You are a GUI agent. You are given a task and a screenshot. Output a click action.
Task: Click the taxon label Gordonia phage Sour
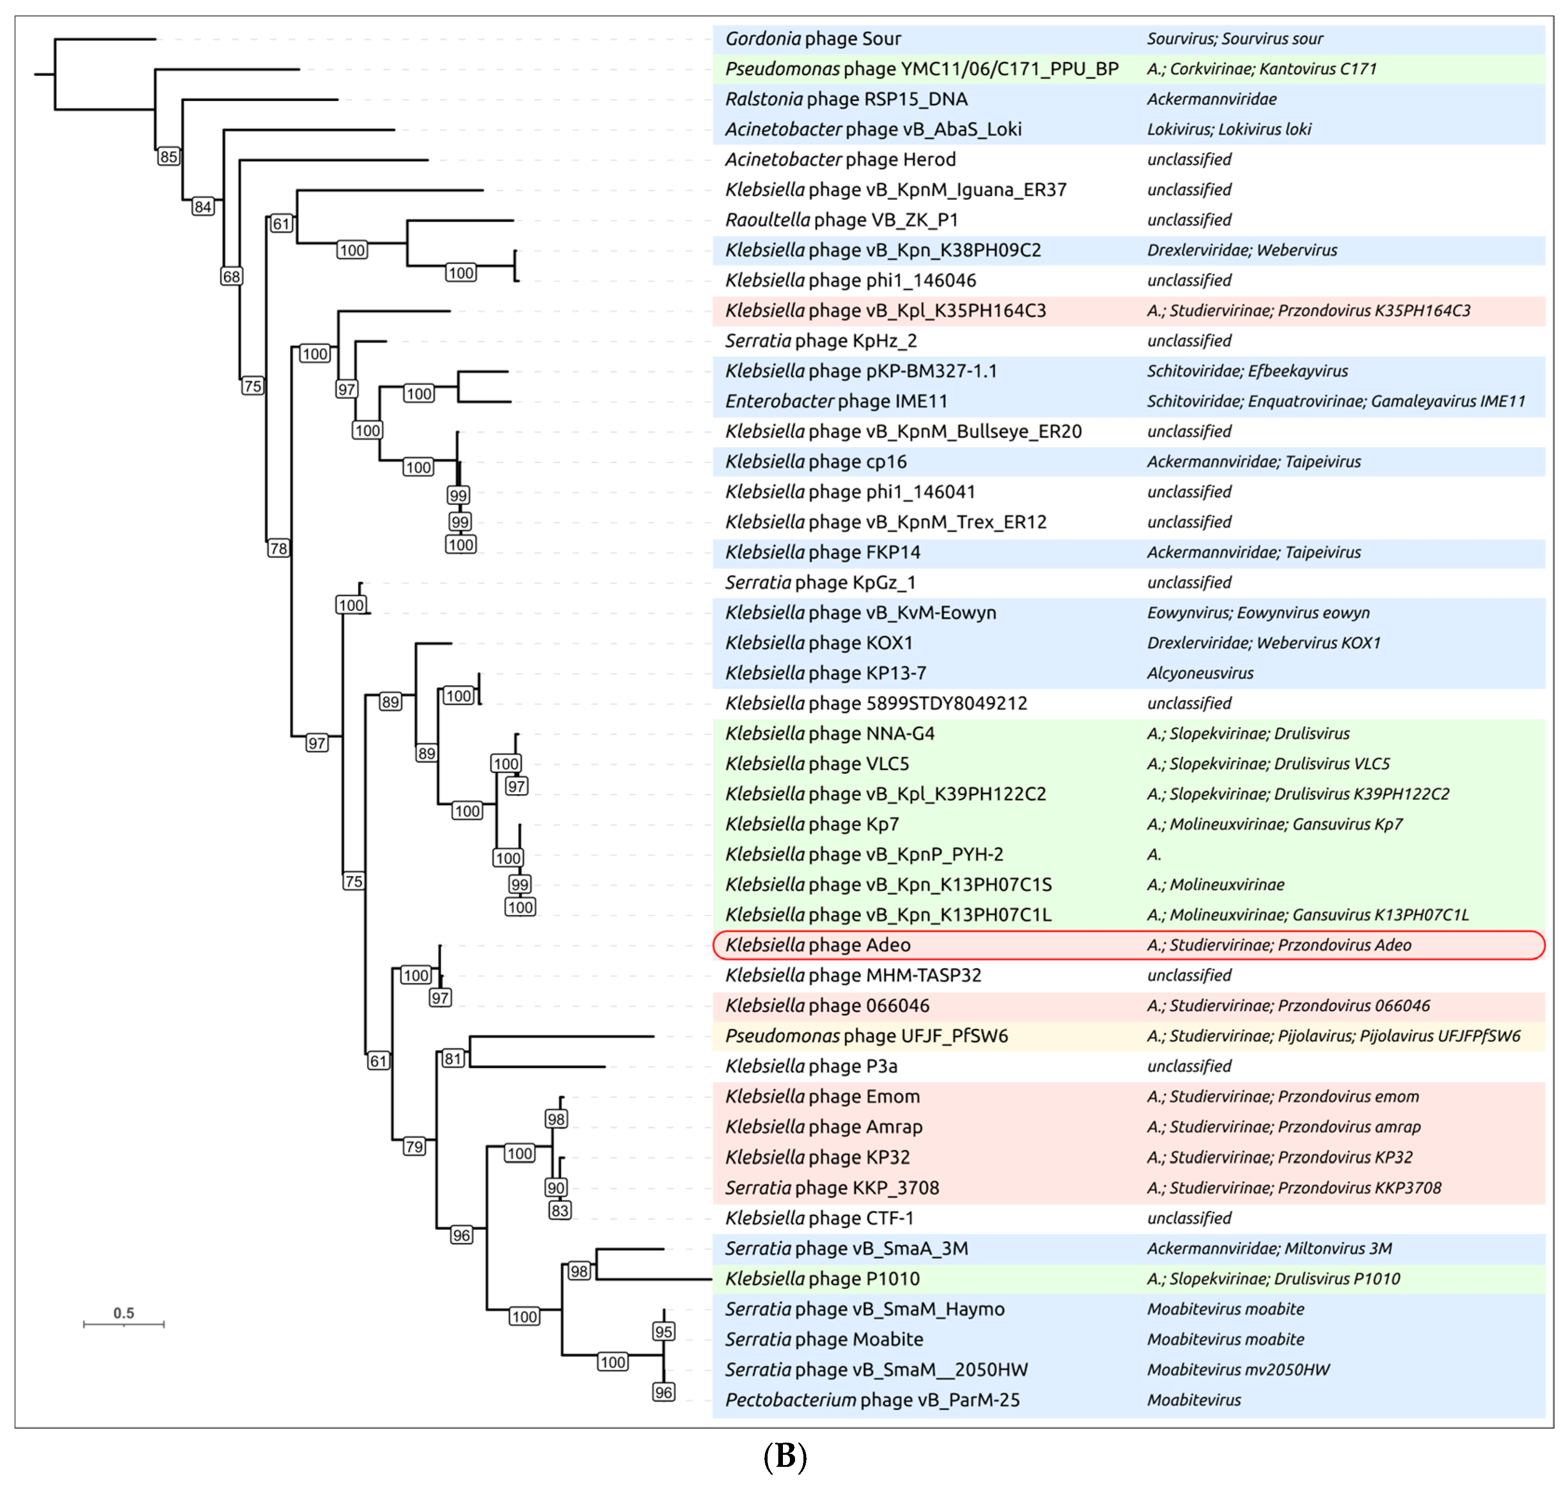click(x=813, y=39)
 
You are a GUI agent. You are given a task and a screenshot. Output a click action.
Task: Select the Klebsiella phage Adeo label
click(x=818, y=945)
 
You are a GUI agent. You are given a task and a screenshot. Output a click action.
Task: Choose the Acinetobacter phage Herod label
click(x=841, y=159)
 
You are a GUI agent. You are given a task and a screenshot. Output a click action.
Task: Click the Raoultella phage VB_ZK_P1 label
click(x=842, y=220)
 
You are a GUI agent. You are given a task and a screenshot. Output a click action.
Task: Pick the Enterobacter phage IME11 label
click(x=836, y=401)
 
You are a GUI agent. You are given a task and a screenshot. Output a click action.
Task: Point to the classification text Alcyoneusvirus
click(x=1200, y=673)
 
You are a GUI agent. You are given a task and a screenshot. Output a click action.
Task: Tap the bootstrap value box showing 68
click(x=231, y=276)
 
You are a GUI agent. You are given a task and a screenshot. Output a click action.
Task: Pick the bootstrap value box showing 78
click(x=278, y=548)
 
